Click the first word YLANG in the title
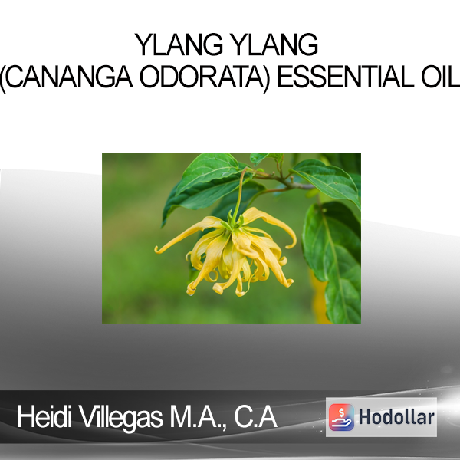pyautogui.click(x=179, y=44)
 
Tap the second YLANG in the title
pyautogui.click(x=274, y=44)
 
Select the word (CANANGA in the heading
pyautogui.click(x=66, y=77)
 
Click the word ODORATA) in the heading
pyautogui.click(x=205, y=77)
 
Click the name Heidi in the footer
pyautogui.click(x=44, y=417)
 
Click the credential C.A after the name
pyautogui.click(x=255, y=417)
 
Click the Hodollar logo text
pyautogui.click(x=396, y=417)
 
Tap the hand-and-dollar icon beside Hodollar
pyautogui.click(x=341, y=417)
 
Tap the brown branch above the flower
pyautogui.click(x=281, y=179)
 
